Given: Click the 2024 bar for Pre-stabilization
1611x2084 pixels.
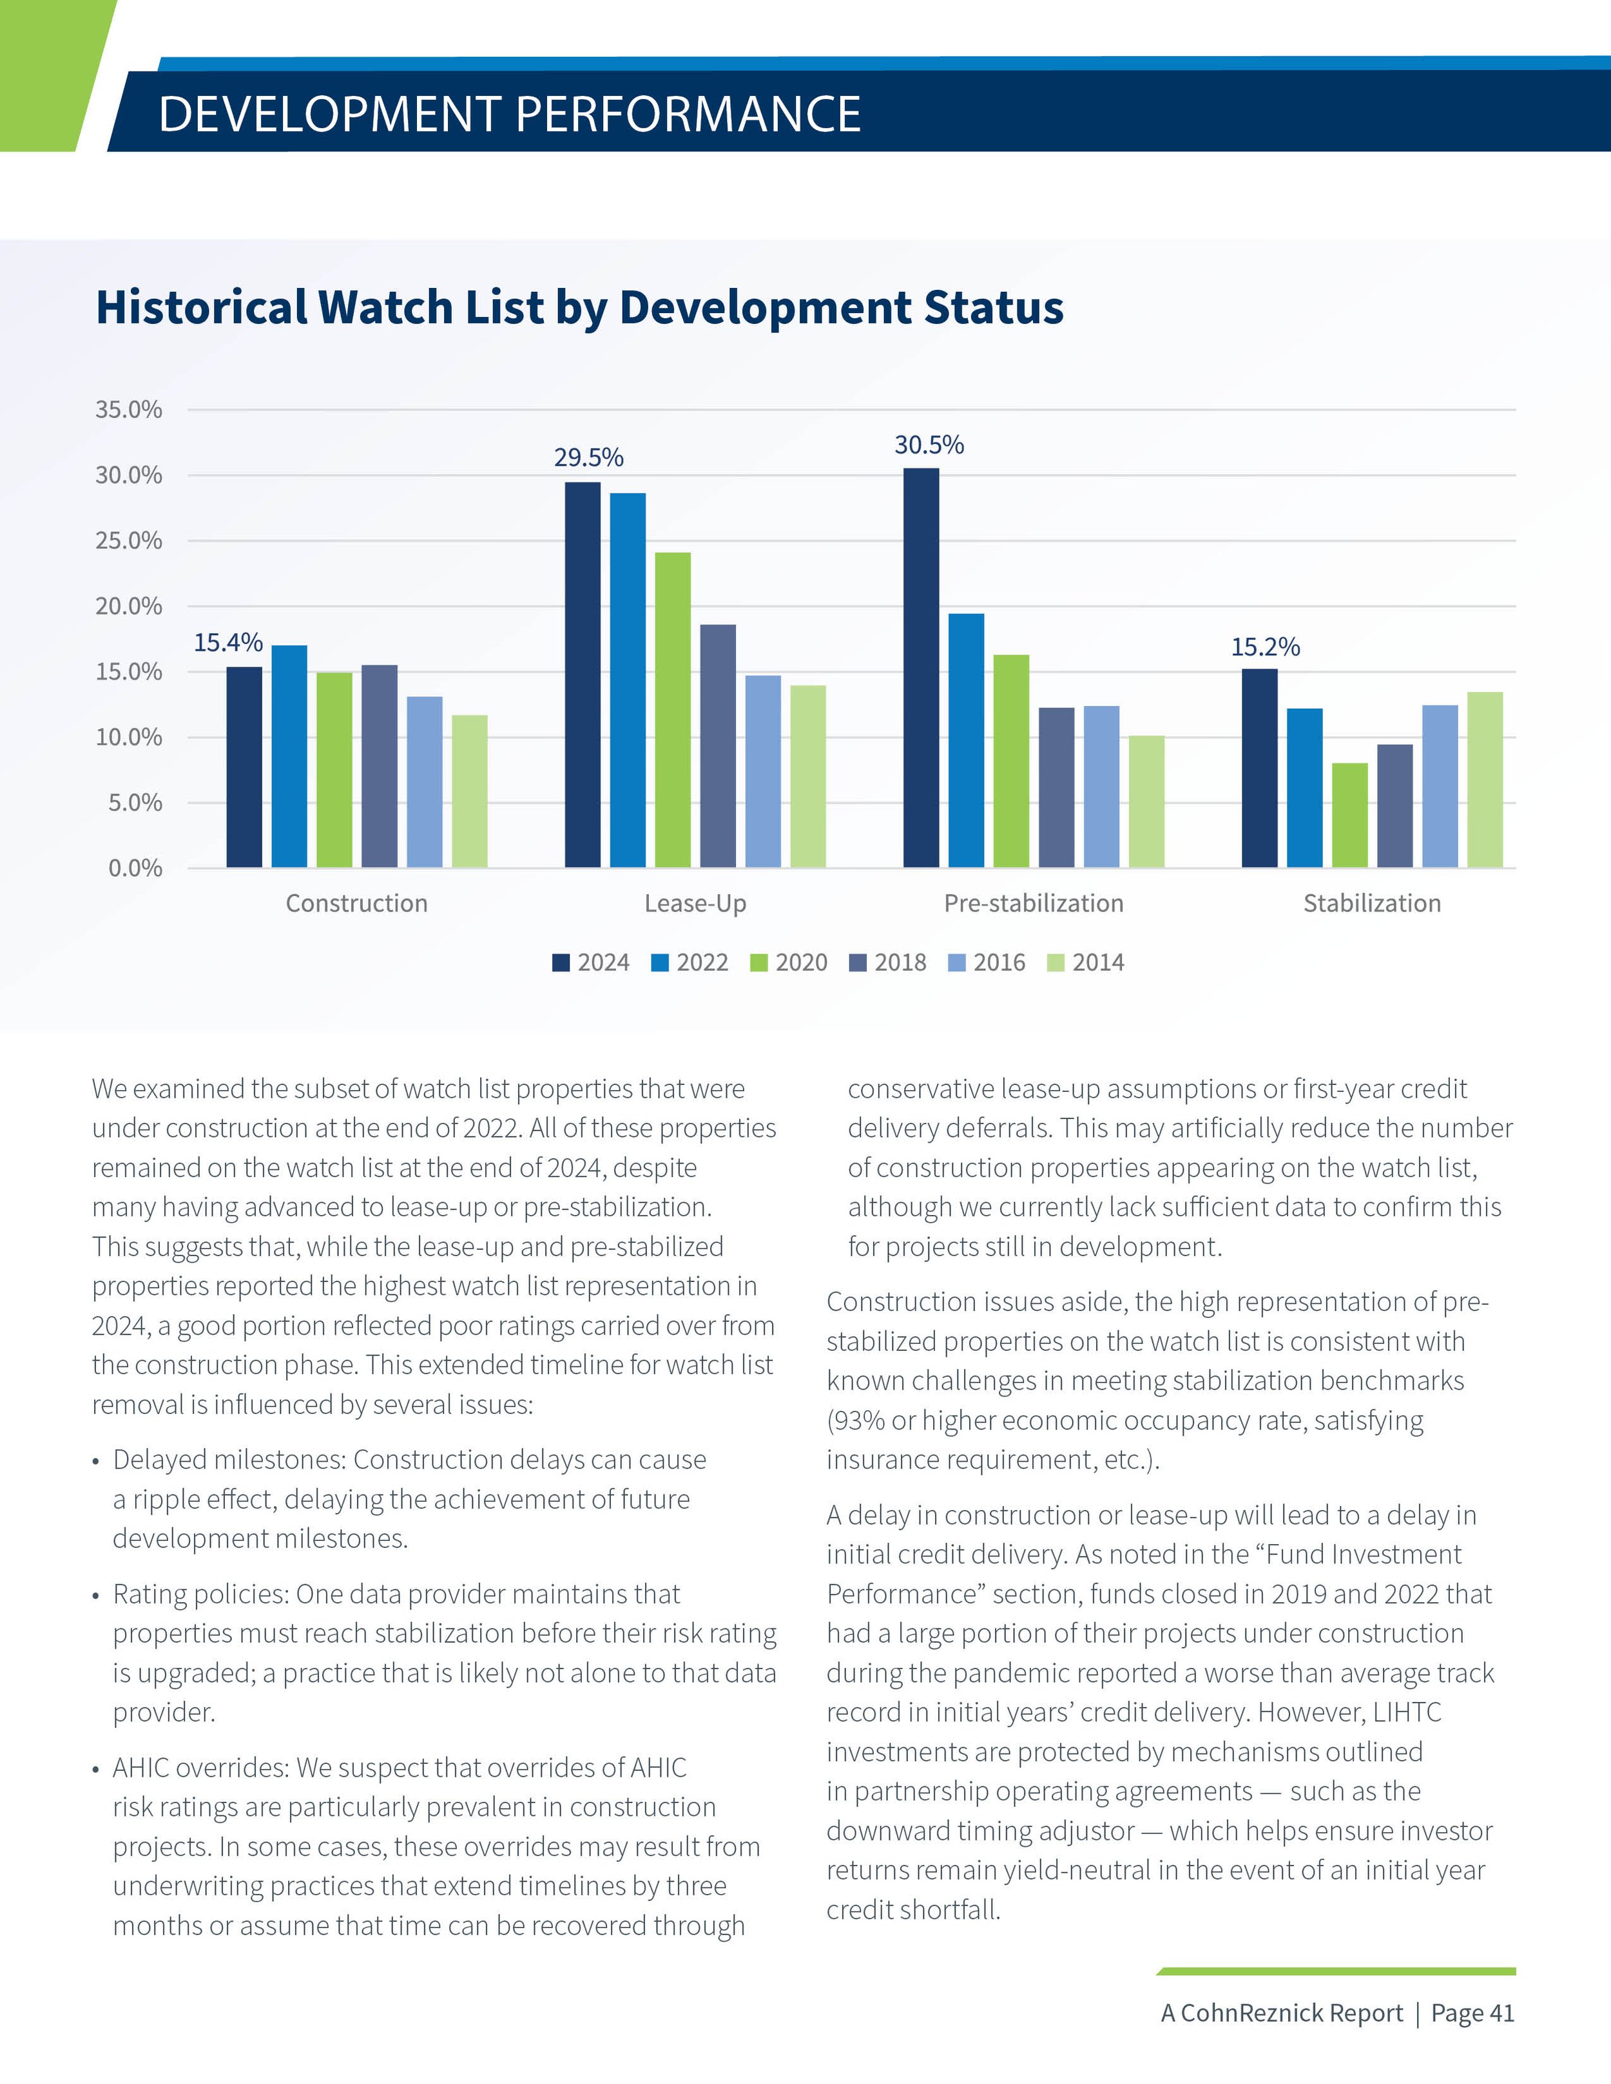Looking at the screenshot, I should pyautogui.click(x=921, y=668).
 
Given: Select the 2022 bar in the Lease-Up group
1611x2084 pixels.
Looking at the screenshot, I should pyautogui.click(x=627, y=680).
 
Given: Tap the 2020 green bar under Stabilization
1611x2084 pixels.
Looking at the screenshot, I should pyautogui.click(x=1349, y=815).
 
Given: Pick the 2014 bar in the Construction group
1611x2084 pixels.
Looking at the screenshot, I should pyautogui.click(x=470, y=791).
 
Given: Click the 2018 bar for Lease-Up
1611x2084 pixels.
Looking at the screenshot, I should pyautogui.click(x=718, y=745).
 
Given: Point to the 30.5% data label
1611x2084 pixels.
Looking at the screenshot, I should pyautogui.click(x=929, y=445).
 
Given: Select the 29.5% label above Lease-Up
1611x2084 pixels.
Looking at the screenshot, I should pyautogui.click(x=589, y=458).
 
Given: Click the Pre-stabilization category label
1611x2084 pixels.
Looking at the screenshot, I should pyautogui.click(x=1034, y=903).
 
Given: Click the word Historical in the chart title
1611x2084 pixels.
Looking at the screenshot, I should pyautogui.click(x=201, y=307).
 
